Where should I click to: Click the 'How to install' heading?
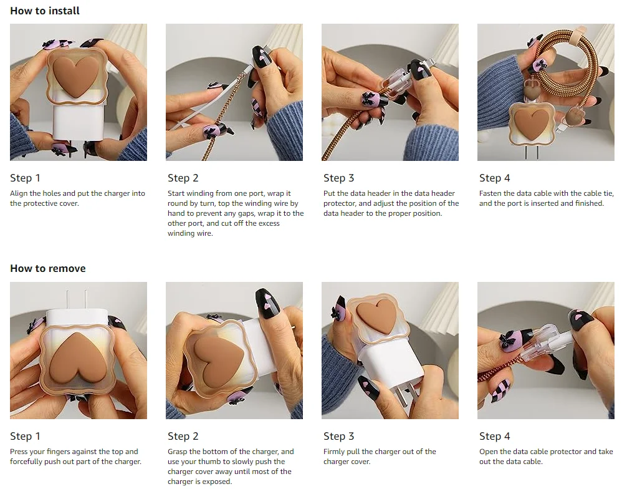pos(45,11)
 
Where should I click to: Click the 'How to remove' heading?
pos(47,268)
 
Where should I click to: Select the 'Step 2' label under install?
pos(183,178)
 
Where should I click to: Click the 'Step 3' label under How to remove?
pos(339,436)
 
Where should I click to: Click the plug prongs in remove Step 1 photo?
pos(76,300)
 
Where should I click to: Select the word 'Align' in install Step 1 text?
pos(19,194)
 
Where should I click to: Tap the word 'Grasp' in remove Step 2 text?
pos(178,452)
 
